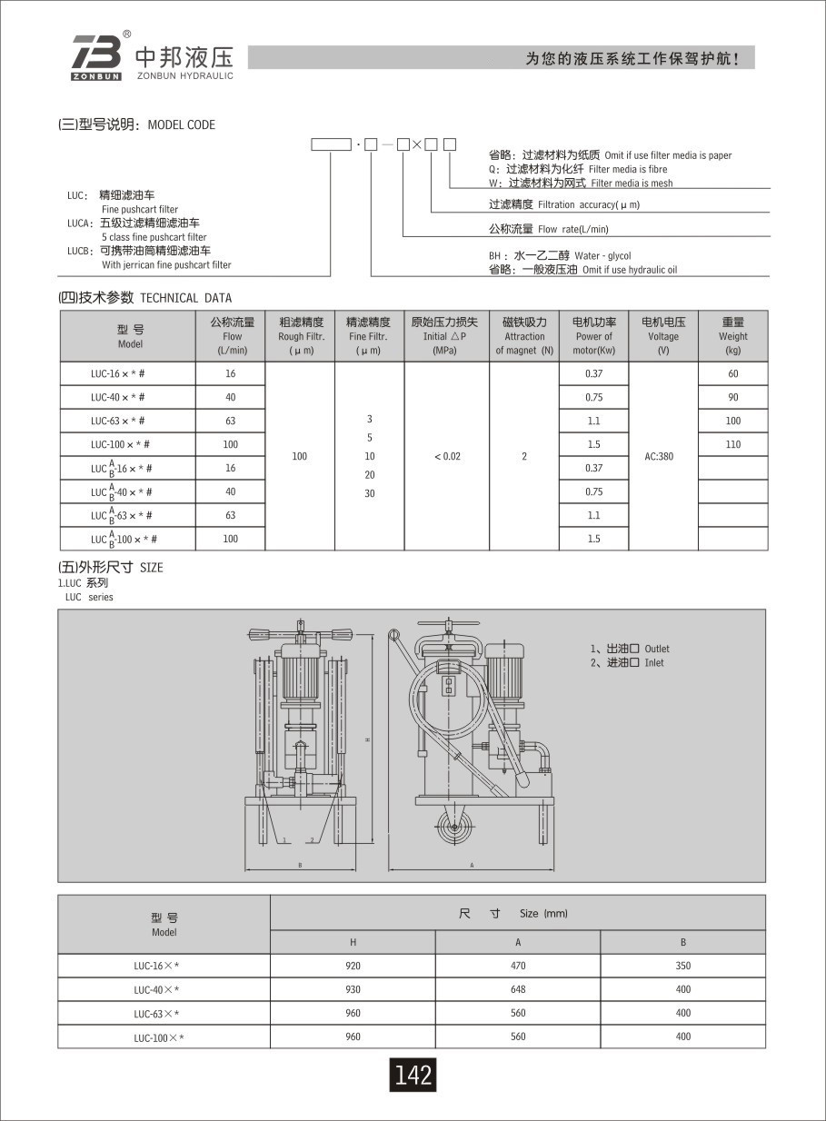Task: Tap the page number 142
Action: click(413, 1075)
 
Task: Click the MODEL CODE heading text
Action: click(181, 125)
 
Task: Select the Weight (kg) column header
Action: click(732, 336)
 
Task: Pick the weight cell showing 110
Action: click(732, 444)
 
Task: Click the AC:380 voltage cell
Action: click(662, 456)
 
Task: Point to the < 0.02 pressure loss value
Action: click(446, 456)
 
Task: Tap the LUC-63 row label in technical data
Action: click(117, 421)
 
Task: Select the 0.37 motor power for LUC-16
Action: click(593, 373)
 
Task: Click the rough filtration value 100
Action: click(300, 456)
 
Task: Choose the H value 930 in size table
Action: click(353, 989)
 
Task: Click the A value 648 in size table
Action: click(518, 989)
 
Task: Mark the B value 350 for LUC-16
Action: click(683, 966)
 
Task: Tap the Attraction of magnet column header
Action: click(524, 336)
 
